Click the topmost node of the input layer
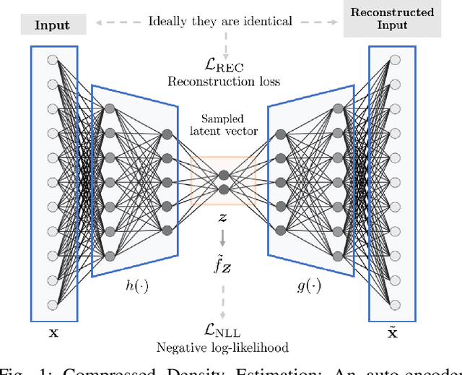pos(52,61)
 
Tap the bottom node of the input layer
pos(52,304)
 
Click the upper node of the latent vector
pos(224,174)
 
